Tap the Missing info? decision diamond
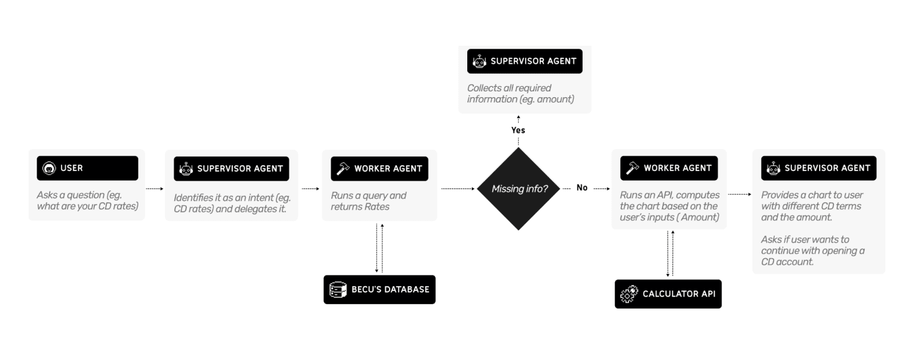coord(519,189)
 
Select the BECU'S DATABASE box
coord(379,290)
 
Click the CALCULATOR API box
coord(668,294)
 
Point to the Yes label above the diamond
coord(518,130)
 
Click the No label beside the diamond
coord(582,187)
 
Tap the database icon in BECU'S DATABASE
coord(338,290)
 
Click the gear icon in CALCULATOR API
coord(629,294)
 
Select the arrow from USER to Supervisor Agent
coord(154,189)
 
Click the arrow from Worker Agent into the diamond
coord(458,189)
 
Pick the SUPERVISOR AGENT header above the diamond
coord(524,61)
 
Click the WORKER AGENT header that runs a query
coord(379,169)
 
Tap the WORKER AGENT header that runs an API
coord(668,168)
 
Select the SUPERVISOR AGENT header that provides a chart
coord(818,168)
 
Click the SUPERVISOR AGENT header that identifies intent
coord(231,169)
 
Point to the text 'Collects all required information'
coord(520,93)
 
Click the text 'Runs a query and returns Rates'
coord(368,201)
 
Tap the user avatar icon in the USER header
coord(49,168)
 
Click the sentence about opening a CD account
coord(812,250)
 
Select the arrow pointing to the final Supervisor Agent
coord(740,194)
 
